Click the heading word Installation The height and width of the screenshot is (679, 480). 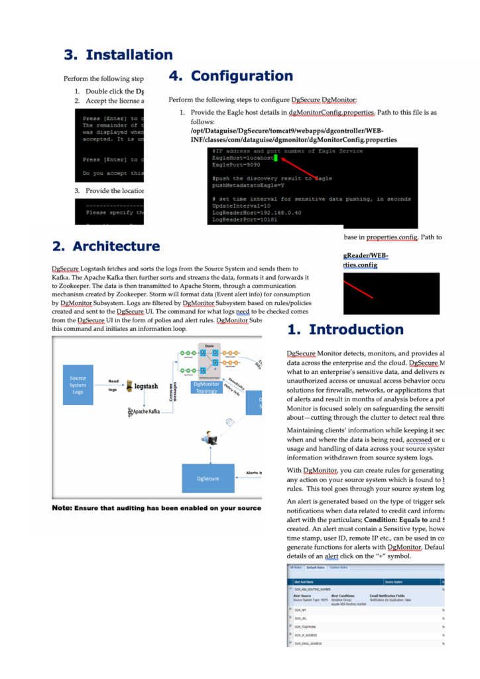pyautogui.click(x=129, y=55)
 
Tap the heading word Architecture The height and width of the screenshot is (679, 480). pyautogui.click(x=116, y=246)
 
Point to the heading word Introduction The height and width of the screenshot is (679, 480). pyautogui.click(x=356, y=330)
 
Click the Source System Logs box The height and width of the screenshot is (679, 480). pyautogui.click(x=78, y=385)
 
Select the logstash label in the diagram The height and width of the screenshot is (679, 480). pyautogui.click(x=145, y=385)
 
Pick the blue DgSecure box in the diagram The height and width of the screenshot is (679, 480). pyautogui.click(x=208, y=478)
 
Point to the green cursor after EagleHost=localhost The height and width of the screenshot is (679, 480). pyautogui.click(x=275, y=158)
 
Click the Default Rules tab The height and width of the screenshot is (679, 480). pyautogui.click(x=316, y=568)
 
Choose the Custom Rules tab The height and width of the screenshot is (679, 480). pyautogui.click(x=339, y=568)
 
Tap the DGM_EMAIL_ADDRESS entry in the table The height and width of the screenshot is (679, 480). pyautogui.click(x=308, y=643)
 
